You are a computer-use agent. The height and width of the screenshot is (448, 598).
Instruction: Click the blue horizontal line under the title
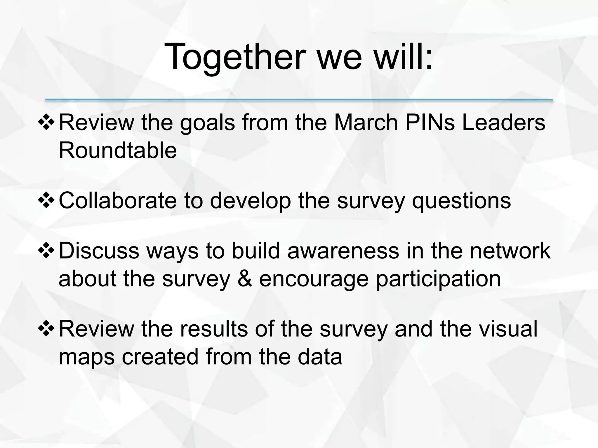pos(299,100)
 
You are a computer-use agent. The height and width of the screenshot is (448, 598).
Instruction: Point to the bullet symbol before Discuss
pos(46,251)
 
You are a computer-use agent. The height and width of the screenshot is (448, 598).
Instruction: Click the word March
pos(366,123)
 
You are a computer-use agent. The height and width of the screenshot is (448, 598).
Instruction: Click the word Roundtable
pos(118,150)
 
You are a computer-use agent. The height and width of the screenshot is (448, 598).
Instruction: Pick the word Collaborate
pos(118,201)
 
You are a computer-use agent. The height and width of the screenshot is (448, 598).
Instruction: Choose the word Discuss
pos(99,251)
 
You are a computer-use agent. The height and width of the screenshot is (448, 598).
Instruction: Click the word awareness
pos(343,251)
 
